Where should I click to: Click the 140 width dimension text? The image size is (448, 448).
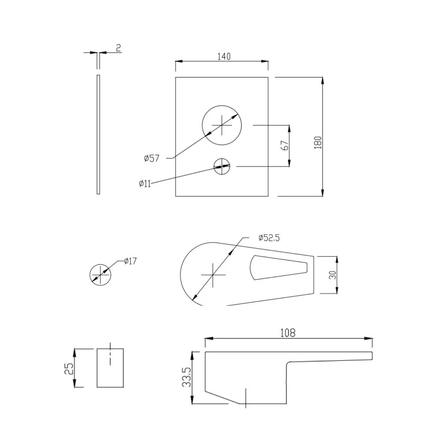pos(224,56)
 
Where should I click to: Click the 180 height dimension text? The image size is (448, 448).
pos(318,142)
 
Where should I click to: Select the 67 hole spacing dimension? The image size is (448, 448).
pos(285,146)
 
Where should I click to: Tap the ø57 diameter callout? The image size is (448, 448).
pos(152,158)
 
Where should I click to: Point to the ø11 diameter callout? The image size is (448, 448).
pos(145,184)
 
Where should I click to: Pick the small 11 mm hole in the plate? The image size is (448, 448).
pos(222,166)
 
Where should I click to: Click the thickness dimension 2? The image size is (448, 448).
pos(118,48)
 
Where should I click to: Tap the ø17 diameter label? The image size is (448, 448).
pos(130,261)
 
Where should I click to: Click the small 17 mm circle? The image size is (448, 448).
pos(100,275)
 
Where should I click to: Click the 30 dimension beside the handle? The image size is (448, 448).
pos(332,275)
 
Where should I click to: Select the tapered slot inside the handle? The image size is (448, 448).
pos(278,268)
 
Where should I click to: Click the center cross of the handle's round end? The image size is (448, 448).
pos(213,275)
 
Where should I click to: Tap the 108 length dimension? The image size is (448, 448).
pos(288,333)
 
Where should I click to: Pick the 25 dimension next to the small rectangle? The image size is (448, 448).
pos(69,368)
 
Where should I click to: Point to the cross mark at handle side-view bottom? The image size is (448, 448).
pos(246,398)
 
